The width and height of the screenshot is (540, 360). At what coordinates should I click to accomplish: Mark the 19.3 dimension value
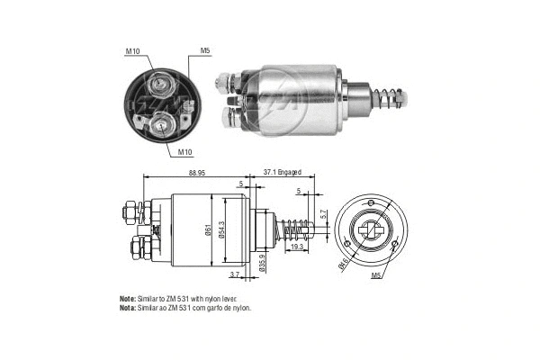(x=297, y=246)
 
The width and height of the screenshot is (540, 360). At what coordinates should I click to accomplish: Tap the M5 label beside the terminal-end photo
(x=204, y=50)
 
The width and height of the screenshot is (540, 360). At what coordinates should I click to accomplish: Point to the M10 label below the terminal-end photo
(x=185, y=152)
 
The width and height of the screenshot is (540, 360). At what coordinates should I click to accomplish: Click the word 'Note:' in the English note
(x=128, y=298)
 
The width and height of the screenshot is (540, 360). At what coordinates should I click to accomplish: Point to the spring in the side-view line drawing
(x=295, y=231)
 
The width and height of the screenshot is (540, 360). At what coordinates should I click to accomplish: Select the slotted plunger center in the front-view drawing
(x=369, y=229)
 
